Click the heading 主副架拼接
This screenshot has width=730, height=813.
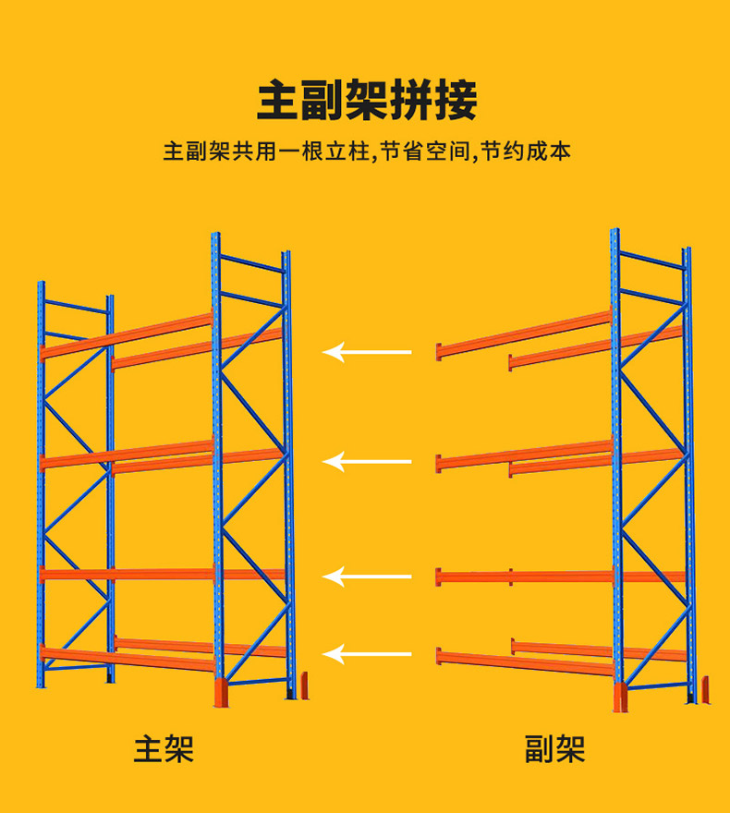click(x=366, y=101)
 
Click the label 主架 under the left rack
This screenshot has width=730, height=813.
click(x=164, y=748)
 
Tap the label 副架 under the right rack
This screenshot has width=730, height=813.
click(x=554, y=748)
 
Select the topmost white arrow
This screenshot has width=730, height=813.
click(x=367, y=352)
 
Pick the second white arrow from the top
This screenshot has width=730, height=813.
click(x=367, y=460)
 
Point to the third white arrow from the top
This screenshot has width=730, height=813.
click(x=367, y=577)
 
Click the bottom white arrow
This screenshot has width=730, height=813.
click(x=367, y=656)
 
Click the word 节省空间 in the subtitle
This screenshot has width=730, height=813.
click(x=425, y=152)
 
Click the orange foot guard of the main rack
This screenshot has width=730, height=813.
click(x=220, y=693)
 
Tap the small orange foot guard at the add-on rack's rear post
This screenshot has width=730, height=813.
click(x=705, y=689)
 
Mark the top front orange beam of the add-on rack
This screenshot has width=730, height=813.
click(x=522, y=334)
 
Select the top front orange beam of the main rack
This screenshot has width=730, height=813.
click(x=125, y=336)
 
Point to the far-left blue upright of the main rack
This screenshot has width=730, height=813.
click(x=41, y=480)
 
